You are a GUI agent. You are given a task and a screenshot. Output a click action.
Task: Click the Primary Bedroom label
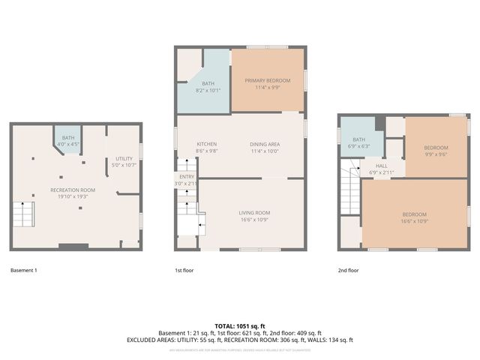268,80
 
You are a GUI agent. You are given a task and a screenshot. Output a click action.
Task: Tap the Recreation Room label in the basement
73,190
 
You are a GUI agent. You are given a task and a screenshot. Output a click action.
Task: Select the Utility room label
124,159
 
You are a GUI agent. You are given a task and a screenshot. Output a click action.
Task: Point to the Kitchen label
206,144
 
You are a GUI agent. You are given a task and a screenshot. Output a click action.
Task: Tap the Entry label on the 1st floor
187,177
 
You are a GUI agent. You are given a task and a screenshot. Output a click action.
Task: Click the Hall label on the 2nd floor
382,166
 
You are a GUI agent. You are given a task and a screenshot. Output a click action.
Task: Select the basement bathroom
68,141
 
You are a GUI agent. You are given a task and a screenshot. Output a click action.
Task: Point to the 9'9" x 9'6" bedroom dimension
436,154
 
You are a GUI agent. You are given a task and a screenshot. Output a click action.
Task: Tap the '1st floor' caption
184,270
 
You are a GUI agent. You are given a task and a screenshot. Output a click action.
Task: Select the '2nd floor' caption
348,270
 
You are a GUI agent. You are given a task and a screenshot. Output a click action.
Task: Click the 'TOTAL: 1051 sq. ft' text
240,325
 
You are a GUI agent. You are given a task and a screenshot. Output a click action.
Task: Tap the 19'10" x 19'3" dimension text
73,196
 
